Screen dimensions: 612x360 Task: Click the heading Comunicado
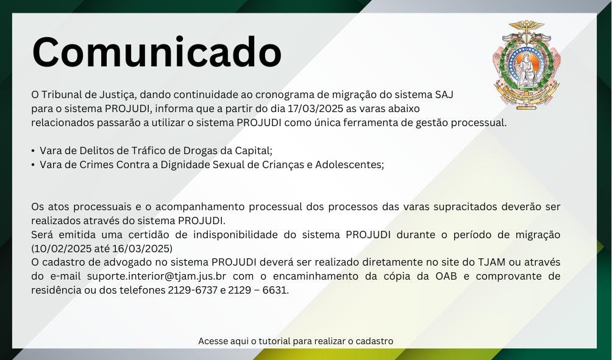coord(157,52)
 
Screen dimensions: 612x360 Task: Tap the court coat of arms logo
coord(527,65)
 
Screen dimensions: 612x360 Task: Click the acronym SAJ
coord(444,94)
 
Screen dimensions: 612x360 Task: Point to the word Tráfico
coord(146,150)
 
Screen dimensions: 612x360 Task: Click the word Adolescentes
coord(349,164)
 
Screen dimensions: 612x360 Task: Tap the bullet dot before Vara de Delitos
coord(33,151)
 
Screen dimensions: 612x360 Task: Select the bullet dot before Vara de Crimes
coord(33,165)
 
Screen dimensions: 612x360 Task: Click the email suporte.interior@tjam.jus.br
coord(157,276)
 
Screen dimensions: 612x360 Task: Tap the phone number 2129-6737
coord(193,290)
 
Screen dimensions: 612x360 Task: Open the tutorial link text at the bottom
coord(296,341)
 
